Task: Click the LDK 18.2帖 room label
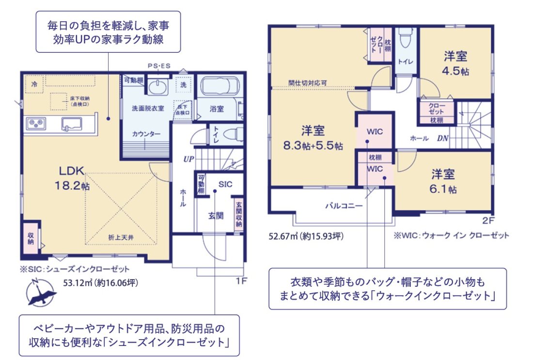(x=74, y=178)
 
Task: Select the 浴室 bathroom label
(x=217, y=109)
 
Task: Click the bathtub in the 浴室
(x=217, y=88)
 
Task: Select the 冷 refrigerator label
(x=34, y=84)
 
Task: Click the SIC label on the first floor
(x=225, y=184)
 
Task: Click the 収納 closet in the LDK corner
(x=31, y=237)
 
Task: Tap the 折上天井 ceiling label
(x=122, y=237)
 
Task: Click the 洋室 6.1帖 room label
(x=443, y=181)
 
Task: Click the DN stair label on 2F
(x=442, y=138)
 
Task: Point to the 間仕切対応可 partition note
(x=307, y=83)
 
